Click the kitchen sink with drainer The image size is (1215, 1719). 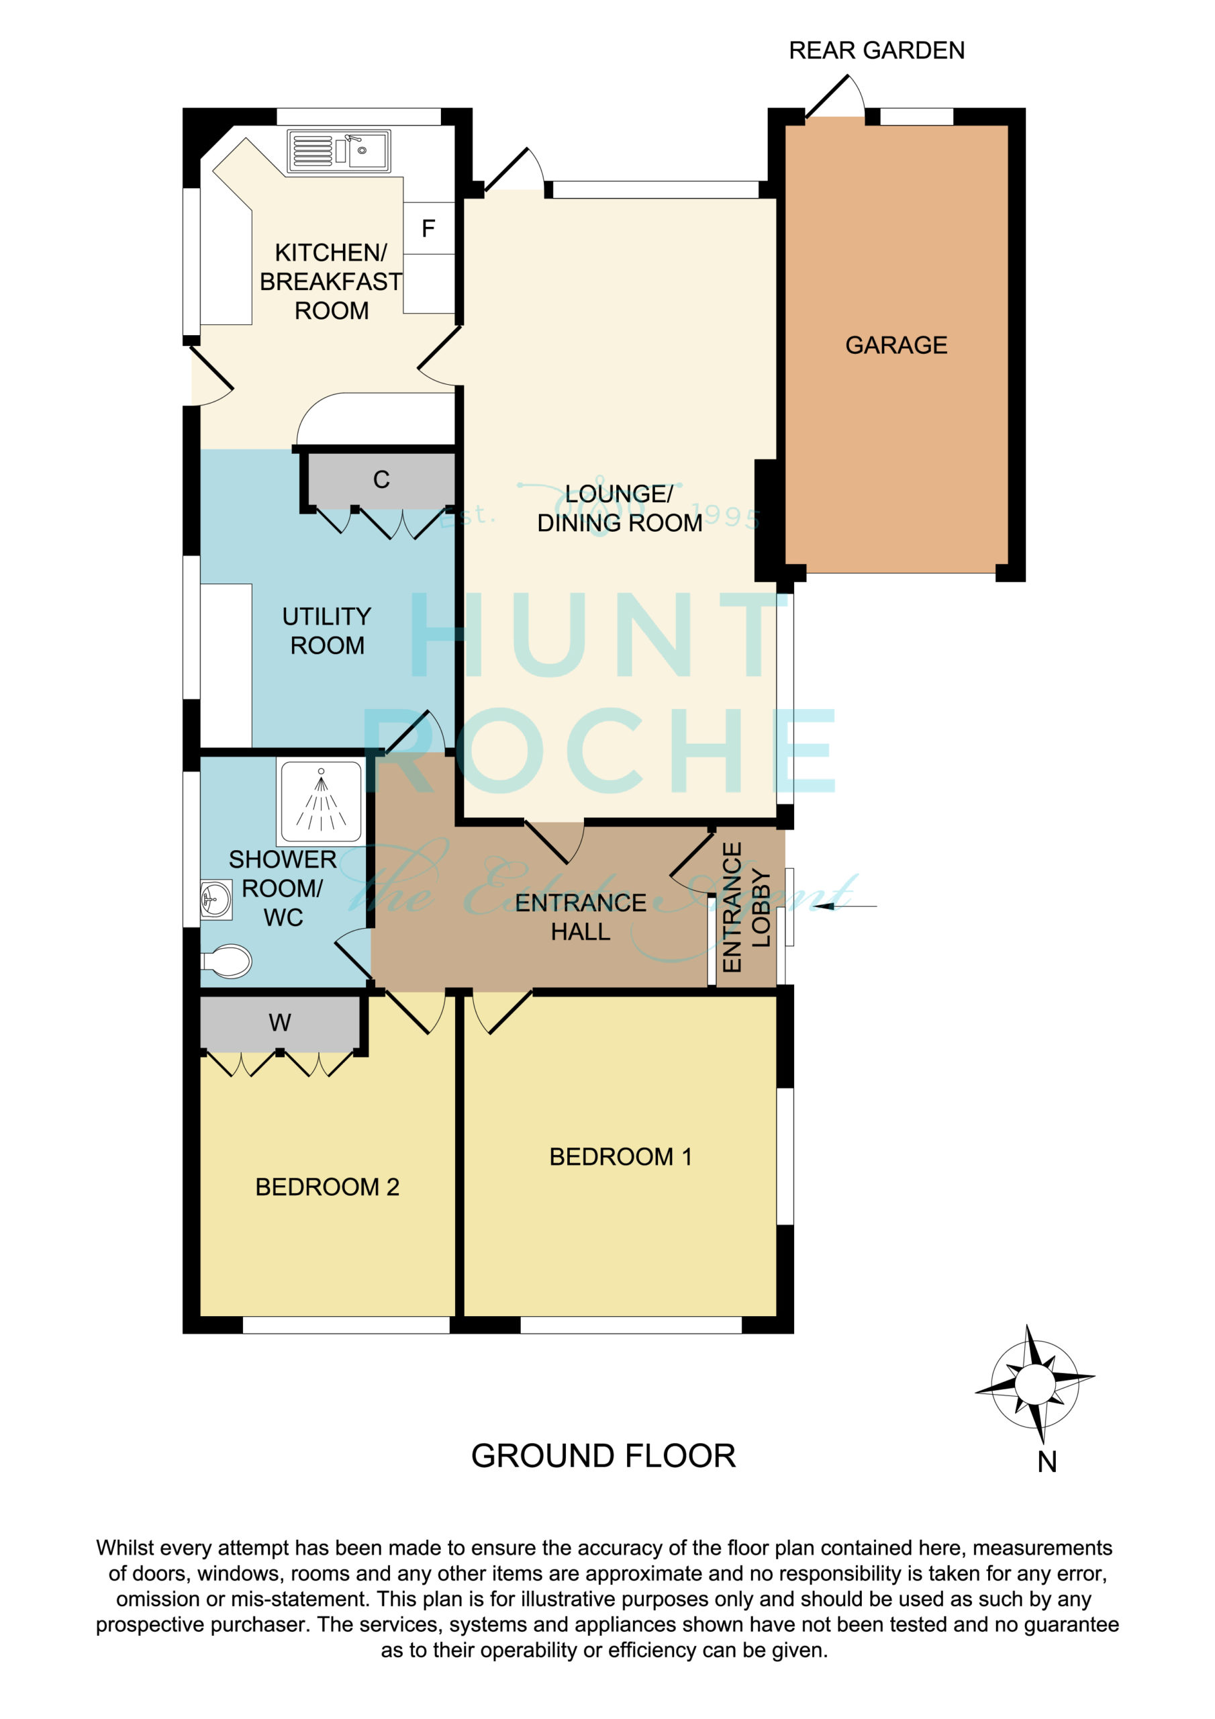[x=339, y=150]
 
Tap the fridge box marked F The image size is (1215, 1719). [x=429, y=228]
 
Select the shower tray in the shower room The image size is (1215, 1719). [x=321, y=801]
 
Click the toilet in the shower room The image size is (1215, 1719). [x=226, y=962]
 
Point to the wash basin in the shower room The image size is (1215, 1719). [x=215, y=899]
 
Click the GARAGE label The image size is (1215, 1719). [x=896, y=345]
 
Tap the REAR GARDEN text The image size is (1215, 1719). [x=877, y=50]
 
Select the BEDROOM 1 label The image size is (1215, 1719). [x=621, y=1157]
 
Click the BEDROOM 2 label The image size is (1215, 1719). [x=327, y=1187]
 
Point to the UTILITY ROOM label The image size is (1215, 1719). [x=327, y=631]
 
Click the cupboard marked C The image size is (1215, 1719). [x=381, y=480]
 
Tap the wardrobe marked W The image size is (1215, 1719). [x=280, y=1023]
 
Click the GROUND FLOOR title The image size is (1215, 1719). [x=603, y=1456]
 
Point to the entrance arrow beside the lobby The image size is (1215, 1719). [x=845, y=906]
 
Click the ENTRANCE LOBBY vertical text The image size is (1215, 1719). [x=746, y=907]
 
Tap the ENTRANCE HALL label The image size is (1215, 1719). [x=581, y=917]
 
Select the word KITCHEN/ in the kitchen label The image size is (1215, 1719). [x=331, y=252]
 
